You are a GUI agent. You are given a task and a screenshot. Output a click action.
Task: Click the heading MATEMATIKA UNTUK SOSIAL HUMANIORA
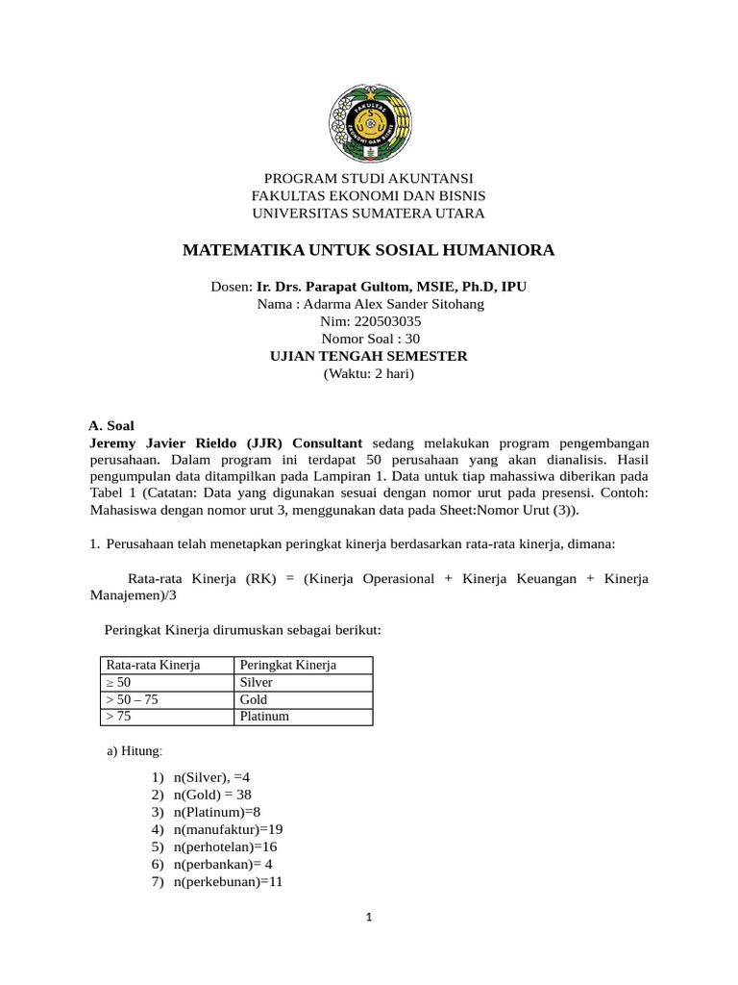point(368,250)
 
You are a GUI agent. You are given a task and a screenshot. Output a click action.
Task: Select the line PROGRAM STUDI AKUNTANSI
point(368,178)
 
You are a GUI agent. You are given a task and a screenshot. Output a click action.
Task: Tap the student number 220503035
point(384,321)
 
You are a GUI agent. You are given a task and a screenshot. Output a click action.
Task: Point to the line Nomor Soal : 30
point(370,339)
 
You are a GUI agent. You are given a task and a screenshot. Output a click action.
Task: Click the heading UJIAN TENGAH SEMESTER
point(369,356)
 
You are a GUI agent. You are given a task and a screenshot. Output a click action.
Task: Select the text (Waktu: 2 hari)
point(369,373)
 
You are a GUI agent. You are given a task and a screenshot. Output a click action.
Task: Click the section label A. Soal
point(111,424)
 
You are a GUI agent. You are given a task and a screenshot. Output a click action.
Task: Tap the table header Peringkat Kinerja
point(287,666)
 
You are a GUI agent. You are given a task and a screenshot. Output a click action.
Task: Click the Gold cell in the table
point(254,699)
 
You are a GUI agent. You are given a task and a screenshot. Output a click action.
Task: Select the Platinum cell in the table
point(264,717)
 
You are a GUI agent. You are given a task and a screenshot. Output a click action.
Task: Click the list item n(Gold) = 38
point(212,795)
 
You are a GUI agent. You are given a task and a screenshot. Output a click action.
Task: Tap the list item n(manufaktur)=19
point(229,829)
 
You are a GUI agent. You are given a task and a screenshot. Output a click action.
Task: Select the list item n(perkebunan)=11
point(228,881)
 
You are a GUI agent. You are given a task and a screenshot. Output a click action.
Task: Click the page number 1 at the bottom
point(368,918)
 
